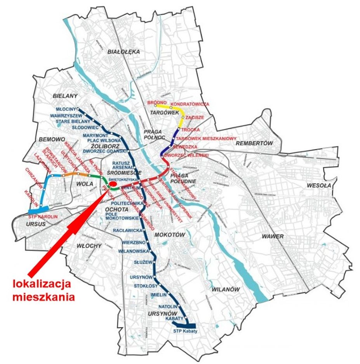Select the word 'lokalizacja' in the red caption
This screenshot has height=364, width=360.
[x=42, y=284]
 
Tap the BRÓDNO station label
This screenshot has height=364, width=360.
[x=157, y=102]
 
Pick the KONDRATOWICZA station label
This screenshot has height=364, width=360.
[x=190, y=104]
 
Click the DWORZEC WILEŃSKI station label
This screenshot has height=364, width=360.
[x=186, y=155]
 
